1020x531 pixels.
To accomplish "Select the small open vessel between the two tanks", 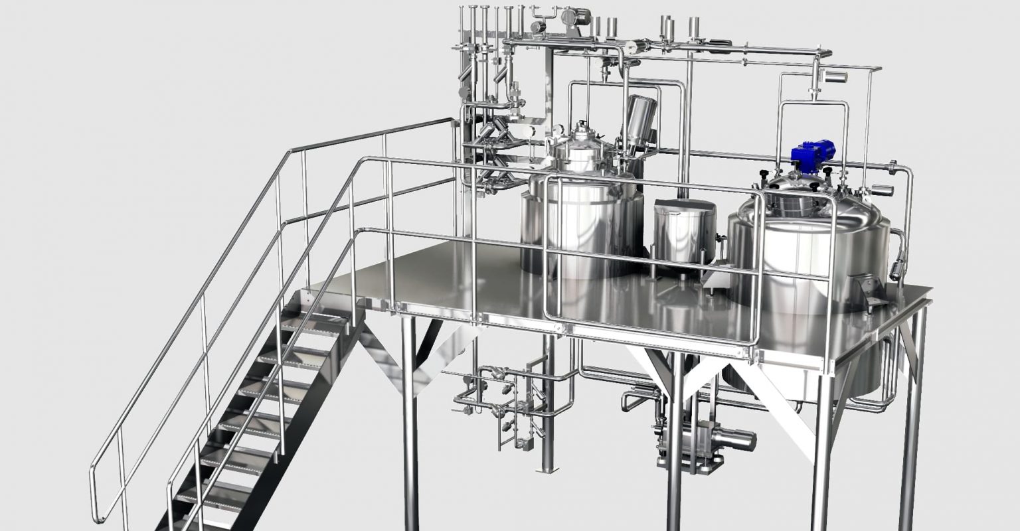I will point(683,232).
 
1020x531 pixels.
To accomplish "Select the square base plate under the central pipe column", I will point(547,469).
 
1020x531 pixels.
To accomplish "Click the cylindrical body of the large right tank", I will point(797,252).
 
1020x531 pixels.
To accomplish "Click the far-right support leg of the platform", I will point(915,425).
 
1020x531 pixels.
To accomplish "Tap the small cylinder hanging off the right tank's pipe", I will point(897,269).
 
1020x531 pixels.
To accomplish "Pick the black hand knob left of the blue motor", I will point(764,174).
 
